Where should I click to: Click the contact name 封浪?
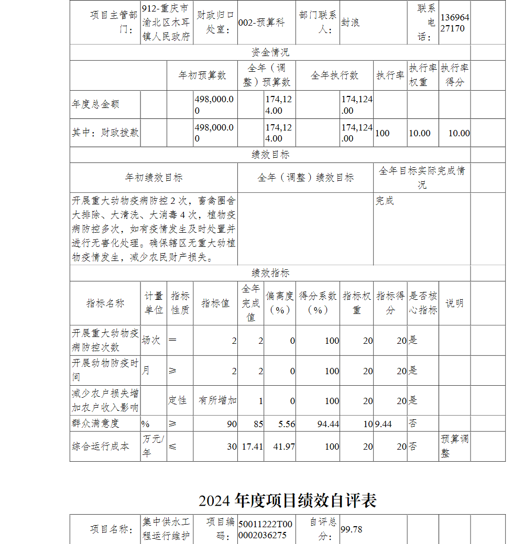click(x=351, y=23)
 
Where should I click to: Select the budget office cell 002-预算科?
click(x=261, y=23)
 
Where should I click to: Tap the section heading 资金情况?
click(x=270, y=52)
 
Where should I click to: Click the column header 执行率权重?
click(x=423, y=75)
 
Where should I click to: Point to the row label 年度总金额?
click(x=96, y=104)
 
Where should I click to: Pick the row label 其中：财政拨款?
click(x=105, y=133)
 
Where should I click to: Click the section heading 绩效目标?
click(x=270, y=155)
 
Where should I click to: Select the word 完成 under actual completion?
click(x=385, y=201)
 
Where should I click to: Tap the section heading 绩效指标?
click(x=270, y=273)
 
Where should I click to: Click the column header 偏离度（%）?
click(x=279, y=303)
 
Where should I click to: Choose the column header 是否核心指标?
click(x=423, y=303)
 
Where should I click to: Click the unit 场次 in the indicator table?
click(x=151, y=340)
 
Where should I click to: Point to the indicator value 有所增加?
click(x=217, y=400)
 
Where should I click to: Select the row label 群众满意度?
click(x=96, y=423)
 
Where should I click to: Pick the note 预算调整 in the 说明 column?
click(x=454, y=446)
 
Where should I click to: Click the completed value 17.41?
click(x=252, y=447)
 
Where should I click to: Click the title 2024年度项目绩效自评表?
click(x=288, y=501)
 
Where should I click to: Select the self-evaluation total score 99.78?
click(x=352, y=529)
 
